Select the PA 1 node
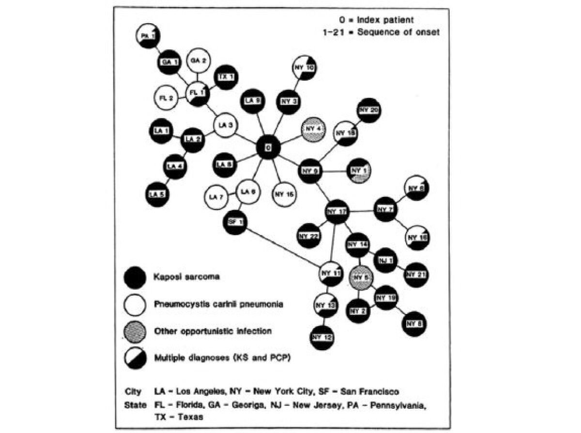[146, 36]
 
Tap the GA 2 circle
[198, 60]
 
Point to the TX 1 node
[224, 77]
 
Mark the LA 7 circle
[215, 197]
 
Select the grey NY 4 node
[313, 129]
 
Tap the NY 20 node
[369, 110]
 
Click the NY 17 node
[337, 211]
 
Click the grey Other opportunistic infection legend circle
[134, 332]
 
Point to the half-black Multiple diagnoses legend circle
[134, 358]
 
